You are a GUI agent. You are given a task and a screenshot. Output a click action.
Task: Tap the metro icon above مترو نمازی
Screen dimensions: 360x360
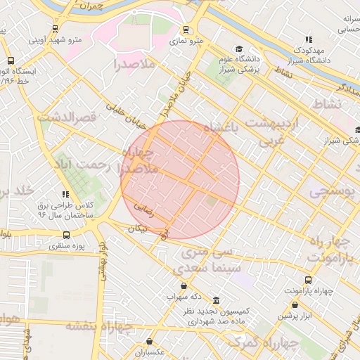coord(186,30)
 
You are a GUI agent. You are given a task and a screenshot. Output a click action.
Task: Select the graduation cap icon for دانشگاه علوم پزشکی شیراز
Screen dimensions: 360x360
coord(239,49)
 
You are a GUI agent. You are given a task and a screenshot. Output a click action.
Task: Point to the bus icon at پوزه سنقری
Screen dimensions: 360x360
coord(66,235)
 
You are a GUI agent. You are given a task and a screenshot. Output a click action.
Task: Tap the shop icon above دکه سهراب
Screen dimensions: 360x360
coord(184,285)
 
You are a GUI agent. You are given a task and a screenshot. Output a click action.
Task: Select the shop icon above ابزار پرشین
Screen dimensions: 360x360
coord(295,305)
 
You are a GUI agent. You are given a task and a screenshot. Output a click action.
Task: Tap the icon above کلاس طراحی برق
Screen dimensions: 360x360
coord(65,194)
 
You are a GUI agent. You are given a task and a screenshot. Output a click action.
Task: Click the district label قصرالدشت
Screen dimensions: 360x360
coord(66,117)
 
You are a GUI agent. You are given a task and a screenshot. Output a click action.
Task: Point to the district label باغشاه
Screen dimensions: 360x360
coord(221,127)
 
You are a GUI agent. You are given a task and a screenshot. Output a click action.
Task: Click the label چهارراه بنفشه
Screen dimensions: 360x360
coord(99,326)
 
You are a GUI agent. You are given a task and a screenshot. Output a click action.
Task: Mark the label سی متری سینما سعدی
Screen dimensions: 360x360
coord(211,260)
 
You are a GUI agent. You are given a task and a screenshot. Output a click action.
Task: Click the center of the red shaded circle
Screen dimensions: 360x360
coord(180,179)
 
